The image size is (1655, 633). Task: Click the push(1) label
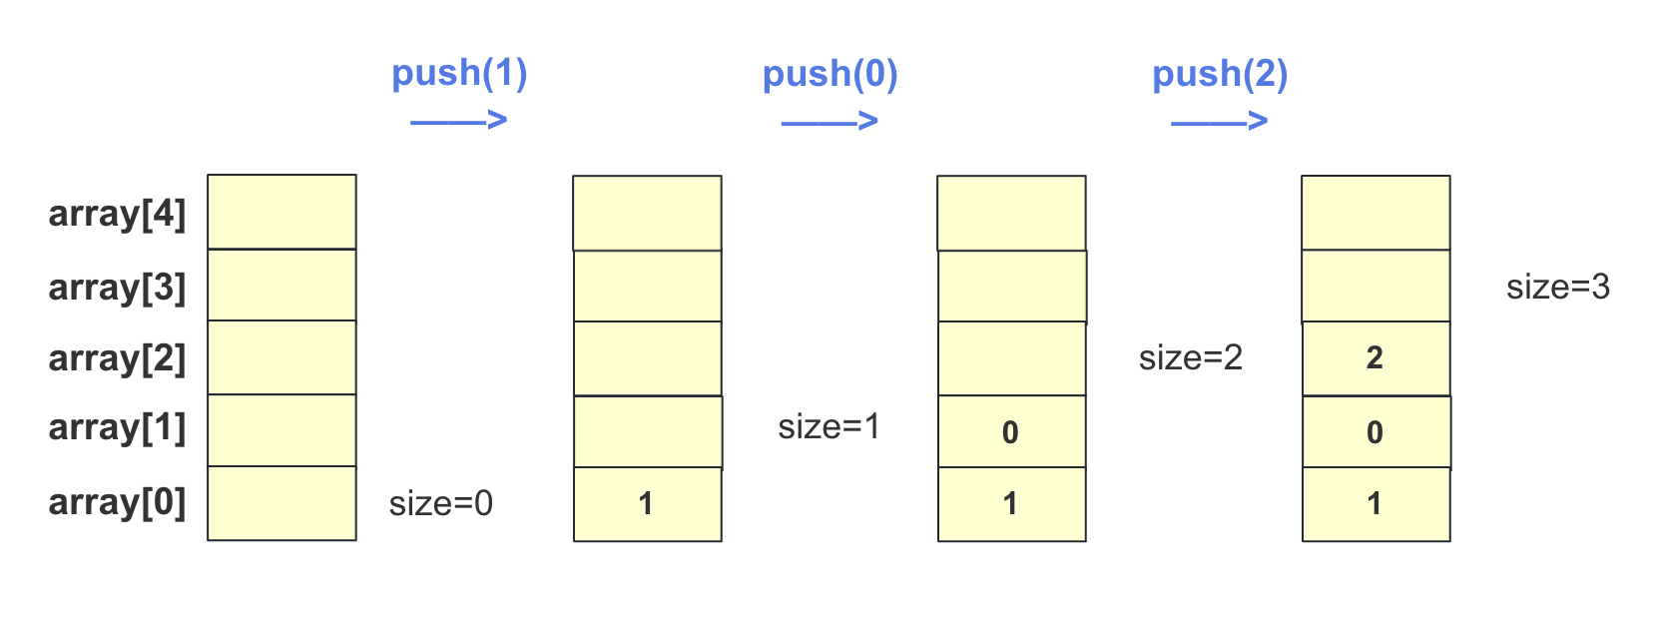click(459, 74)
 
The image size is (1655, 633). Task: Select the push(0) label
click(829, 75)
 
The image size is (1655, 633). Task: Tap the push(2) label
click(1220, 75)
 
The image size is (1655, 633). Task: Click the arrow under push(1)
click(459, 122)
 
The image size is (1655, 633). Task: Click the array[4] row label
click(117, 214)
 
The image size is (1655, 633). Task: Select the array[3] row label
click(117, 288)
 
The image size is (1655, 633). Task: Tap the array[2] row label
click(117, 358)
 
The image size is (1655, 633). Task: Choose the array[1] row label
click(117, 427)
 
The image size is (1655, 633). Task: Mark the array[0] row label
click(117, 502)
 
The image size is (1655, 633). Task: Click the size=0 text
click(441, 503)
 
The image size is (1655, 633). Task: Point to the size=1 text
click(829, 427)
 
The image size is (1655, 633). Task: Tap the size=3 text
click(1558, 288)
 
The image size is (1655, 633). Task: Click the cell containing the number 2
click(1376, 358)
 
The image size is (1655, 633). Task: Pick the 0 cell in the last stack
click(1376, 432)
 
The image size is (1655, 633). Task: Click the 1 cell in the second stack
click(647, 504)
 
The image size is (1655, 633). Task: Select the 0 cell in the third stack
click(1011, 432)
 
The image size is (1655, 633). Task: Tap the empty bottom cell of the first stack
click(281, 503)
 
